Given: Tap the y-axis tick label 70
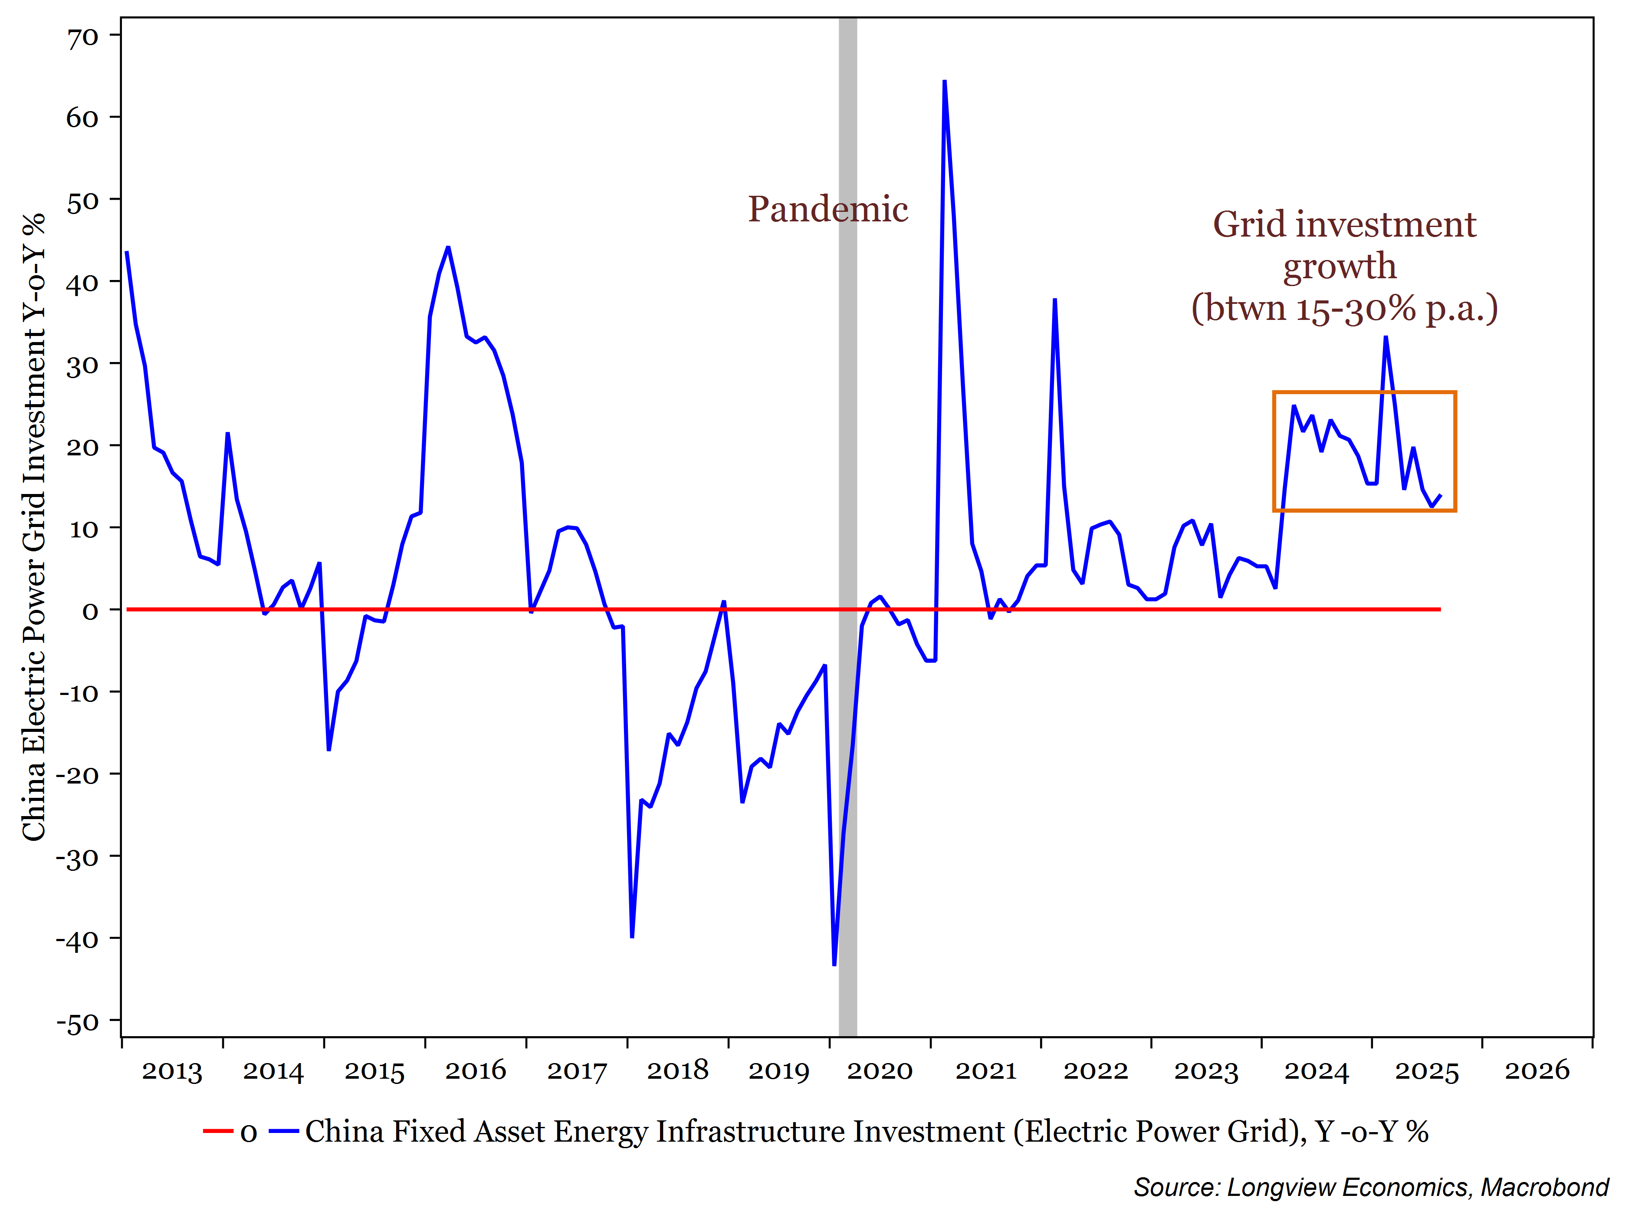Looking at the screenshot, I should pyautogui.click(x=82, y=37).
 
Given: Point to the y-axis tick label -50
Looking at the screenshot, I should pyautogui.click(x=78, y=1023).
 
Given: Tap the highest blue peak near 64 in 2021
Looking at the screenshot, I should pyautogui.click(x=944, y=82).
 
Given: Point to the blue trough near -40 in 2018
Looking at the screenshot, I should pyautogui.click(x=632, y=936).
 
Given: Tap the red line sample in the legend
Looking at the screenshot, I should pyautogui.click(x=218, y=1131).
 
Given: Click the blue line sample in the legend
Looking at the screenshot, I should pyautogui.click(x=283, y=1131).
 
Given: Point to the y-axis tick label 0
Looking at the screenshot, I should pyautogui.click(x=90, y=611).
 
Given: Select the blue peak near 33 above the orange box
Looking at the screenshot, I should pyautogui.click(x=1386, y=338).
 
